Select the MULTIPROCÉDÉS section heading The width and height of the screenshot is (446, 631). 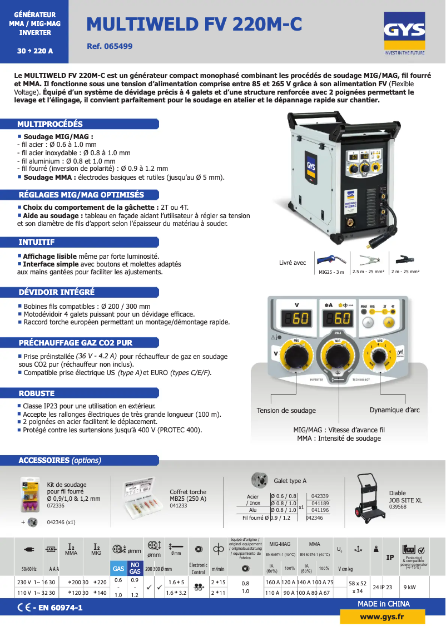click(x=50, y=124)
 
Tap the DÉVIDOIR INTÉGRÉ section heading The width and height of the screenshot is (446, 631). click(x=57, y=292)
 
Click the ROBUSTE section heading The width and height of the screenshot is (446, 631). click(x=37, y=393)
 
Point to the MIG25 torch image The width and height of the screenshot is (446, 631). click(x=332, y=260)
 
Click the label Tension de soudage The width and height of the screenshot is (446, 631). click(x=286, y=411)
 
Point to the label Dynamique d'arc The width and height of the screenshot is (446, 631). click(x=394, y=410)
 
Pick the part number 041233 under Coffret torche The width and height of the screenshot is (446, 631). click(x=178, y=506)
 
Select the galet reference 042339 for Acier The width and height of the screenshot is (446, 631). click(x=320, y=496)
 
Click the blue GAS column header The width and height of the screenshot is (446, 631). click(x=118, y=569)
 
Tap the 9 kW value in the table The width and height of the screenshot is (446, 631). click(x=409, y=587)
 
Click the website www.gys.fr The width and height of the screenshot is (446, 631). click(x=381, y=617)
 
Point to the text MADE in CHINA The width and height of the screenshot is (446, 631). click(x=384, y=604)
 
